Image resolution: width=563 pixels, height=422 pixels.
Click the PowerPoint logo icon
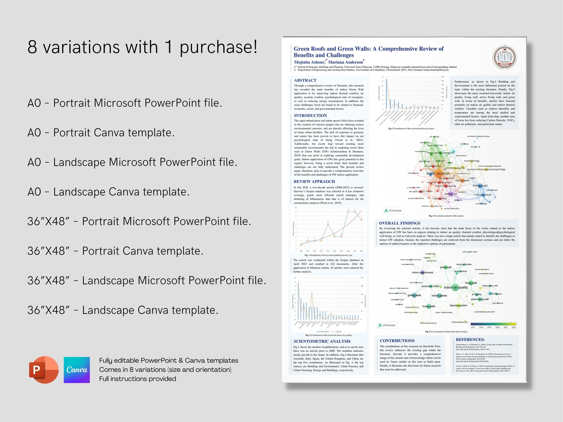click(44, 370)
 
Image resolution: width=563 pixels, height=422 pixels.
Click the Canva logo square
click(77, 370)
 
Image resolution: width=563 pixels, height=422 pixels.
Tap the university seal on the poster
click(504, 58)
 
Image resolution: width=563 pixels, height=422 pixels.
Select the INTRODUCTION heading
click(310, 115)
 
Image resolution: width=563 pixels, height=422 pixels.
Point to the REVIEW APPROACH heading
click(314, 181)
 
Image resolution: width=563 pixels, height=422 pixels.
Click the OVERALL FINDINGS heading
click(400, 223)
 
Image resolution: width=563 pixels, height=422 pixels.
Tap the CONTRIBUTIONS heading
click(397, 341)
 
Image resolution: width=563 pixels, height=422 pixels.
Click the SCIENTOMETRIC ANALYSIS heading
click(322, 341)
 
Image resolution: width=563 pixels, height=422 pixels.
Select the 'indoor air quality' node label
click(456, 287)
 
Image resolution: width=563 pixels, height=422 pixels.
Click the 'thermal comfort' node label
click(458, 306)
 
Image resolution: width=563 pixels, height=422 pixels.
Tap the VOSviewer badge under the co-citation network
click(393, 211)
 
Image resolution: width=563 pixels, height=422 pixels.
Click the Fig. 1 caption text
click(328, 255)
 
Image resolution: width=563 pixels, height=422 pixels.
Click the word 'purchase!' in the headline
click(218, 47)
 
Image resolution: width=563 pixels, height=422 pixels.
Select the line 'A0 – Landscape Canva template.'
click(108, 192)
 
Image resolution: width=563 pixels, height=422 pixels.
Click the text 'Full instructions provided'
click(137, 379)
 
